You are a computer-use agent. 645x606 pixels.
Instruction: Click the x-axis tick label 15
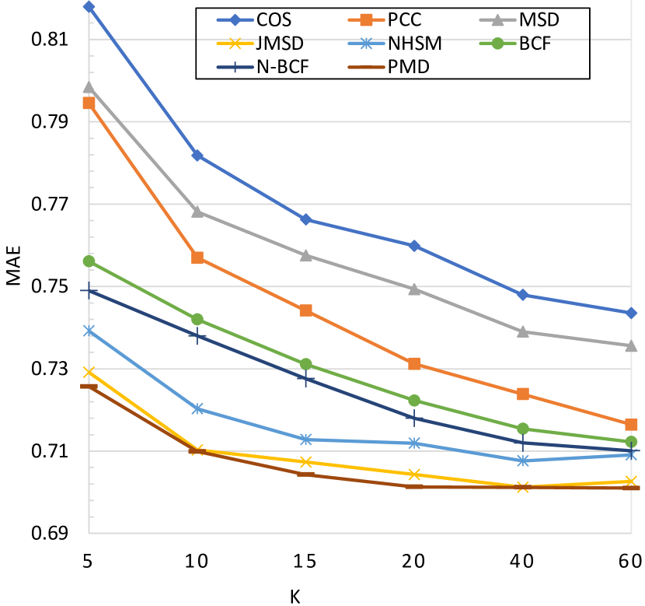pyautogui.click(x=305, y=562)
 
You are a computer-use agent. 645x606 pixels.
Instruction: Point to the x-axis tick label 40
pyautogui.click(x=522, y=562)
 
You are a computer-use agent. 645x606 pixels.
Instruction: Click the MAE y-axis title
pyautogui.click(x=13, y=266)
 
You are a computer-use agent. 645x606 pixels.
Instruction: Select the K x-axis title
pyautogui.click(x=295, y=596)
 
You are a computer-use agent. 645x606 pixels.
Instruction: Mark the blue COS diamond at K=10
pyautogui.click(x=197, y=156)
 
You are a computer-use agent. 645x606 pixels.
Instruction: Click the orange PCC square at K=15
pyautogui.click(x=305, y=310)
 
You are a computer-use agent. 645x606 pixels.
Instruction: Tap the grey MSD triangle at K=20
pyautogui.click(x=414, y=289)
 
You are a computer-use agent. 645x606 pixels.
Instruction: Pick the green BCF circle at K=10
pyautogui.click(x=197, y=319)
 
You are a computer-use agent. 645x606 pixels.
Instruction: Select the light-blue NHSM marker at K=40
pyautogui.click(x=522, y=461)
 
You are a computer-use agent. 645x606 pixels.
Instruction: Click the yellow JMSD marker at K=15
pyautogui.click(x=305, y=462)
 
